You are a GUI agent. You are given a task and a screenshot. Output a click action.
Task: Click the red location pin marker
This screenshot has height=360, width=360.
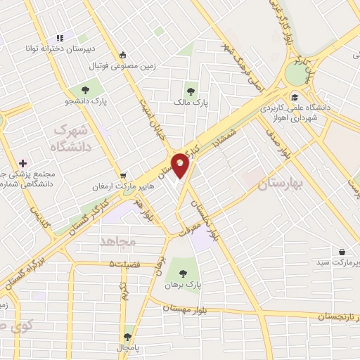pyautogui.click(x=181, y=165)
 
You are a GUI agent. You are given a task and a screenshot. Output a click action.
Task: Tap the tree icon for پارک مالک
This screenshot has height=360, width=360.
pyautogui.click(x=190, y=90)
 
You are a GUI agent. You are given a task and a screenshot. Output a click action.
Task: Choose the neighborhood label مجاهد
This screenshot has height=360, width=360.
pyautogui.click(x=117, y=240)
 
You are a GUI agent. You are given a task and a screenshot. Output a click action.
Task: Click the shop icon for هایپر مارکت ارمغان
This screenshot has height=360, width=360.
pyautogui.click(x=124, y=176)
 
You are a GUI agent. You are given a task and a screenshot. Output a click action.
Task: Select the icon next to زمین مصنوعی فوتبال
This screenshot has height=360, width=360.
pyautogui.click(x=123, y=55)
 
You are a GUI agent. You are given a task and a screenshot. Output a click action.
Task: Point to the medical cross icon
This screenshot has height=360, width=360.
pyautogui.click(x=23, y=162)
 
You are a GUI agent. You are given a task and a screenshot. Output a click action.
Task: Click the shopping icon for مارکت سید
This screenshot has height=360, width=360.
pyautogui.click(x=342, y=252)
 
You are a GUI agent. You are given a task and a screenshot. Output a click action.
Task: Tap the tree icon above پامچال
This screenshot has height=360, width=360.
pyautogui.click(x=127, y=337)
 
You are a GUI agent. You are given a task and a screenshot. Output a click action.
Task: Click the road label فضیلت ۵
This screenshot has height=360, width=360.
pyautogui.click(x=125, y=263)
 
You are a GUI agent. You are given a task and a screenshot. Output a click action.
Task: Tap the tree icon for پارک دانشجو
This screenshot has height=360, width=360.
pyautogui.click(x=85, y=90)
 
